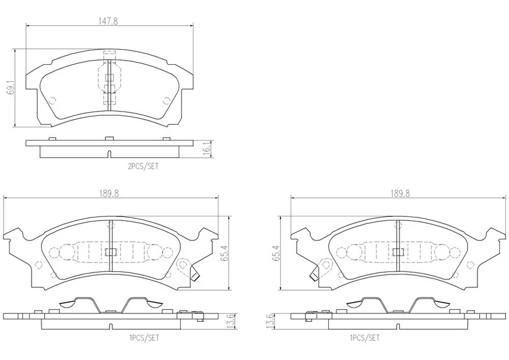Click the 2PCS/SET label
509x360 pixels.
[143, 166]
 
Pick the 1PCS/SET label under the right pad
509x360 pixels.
[364, 337]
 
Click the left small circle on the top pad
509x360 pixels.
[52, 101]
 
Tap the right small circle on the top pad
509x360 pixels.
[166, 101]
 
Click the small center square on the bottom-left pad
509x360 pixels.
[111, 252]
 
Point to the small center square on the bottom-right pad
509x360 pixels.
[397, 252]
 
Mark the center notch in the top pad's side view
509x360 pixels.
[109, 155]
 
